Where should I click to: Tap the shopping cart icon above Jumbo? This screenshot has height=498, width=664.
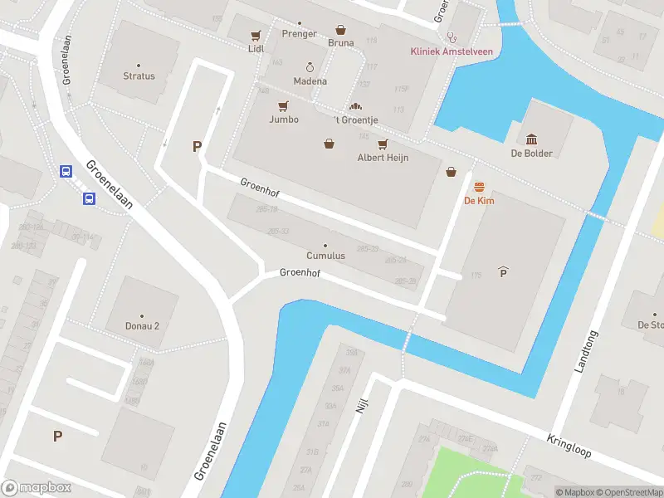point(283,106)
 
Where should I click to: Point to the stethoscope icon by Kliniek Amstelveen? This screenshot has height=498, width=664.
point(452,37)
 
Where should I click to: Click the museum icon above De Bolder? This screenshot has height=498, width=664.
point(531,139)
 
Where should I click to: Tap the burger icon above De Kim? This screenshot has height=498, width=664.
point(479,188)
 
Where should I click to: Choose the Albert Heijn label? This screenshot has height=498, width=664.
point(383,158)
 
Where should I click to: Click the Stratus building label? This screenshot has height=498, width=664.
point(139,76)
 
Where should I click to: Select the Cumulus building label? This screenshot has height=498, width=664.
point(325,256)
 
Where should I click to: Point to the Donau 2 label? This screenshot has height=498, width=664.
point(142,325)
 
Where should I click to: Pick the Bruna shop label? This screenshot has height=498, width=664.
point(340,43)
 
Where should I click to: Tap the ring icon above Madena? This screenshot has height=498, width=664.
point(310,67)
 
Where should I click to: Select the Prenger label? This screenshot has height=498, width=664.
point(299,34)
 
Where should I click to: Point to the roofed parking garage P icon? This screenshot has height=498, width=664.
point(503,272)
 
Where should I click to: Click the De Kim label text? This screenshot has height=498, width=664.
point(479,201)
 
